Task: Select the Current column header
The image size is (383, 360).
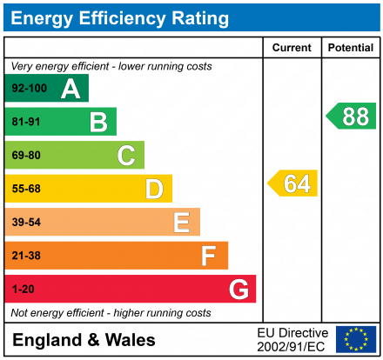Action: coord(292,48)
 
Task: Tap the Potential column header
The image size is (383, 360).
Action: coord(350,48)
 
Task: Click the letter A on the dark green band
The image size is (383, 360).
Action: coord(71,88)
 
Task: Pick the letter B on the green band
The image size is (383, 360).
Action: coord(98,122)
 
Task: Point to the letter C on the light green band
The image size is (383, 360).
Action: coord(126,156)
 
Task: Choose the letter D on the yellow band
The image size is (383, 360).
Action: coord(154,189)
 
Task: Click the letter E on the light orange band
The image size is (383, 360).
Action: coord(181,223)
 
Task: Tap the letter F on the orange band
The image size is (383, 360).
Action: coord(209,256)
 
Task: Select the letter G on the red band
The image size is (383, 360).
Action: coord(238,289)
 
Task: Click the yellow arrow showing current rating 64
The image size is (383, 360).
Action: coord(293,183)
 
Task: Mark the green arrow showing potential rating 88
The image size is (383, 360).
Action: coord(352,116)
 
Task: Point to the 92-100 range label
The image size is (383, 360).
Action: coord(29,88)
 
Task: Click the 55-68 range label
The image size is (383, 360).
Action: coord(26,189)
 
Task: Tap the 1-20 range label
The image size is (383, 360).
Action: coord(24,289)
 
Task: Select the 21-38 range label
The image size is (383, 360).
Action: coord(26,256)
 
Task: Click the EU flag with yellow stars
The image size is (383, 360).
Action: coord(355,338)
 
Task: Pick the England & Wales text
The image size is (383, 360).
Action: coord(84,339)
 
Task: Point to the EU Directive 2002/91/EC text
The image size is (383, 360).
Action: coord(292,339)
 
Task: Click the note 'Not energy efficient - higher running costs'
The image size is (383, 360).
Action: coord(111,312)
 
